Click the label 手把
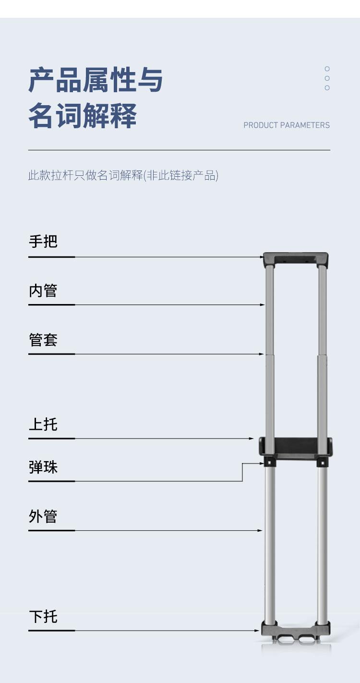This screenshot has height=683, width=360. tap(43, 242)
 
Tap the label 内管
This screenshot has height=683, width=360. tap(43, 290)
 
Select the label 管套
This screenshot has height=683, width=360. tap(43, 340)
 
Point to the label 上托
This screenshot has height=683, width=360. tap(43, 424)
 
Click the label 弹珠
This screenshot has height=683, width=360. tap(43, 467)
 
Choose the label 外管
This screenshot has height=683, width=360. tap(43, 516)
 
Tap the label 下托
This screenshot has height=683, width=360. tap(43, 617)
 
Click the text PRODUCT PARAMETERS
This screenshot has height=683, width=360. tap(287, 125)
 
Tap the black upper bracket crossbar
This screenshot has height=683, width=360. tap(295, 446)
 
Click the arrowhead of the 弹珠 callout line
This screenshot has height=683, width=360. tap(262, 463)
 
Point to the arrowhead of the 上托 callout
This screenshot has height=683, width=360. tap(252, 439)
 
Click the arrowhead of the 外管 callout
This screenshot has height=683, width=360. tap(260, 531)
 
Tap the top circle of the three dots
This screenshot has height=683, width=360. tap(327, 69)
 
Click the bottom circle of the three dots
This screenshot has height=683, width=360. tap(327, 88)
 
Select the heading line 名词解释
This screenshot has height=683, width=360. tap(83, 116)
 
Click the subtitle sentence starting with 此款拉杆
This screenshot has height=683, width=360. tap(123, 175)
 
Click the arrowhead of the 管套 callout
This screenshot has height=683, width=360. tap(262, 354)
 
